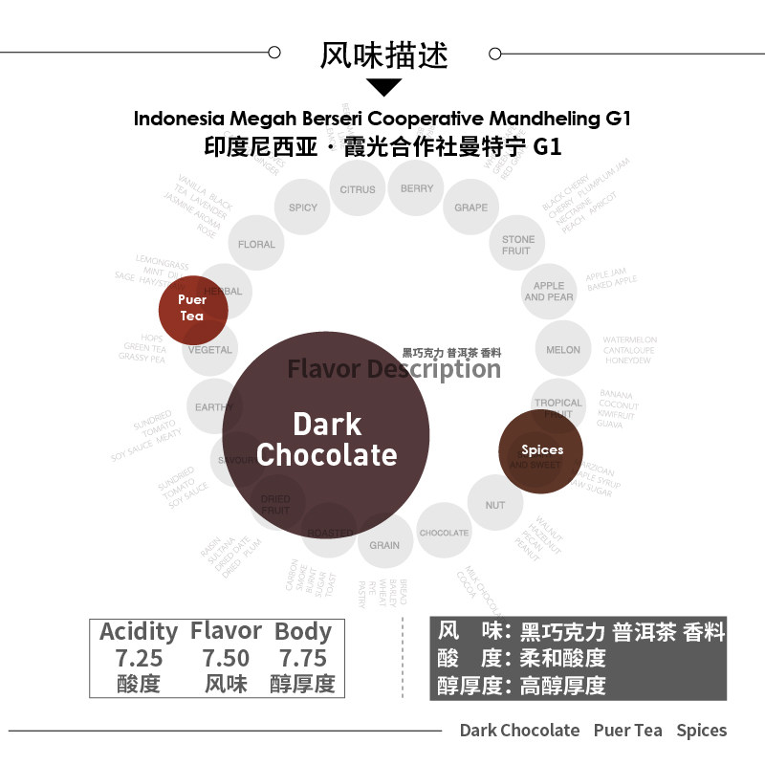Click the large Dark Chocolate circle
coord(326,436)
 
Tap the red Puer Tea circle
coord(192,308)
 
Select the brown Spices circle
coord(542,450)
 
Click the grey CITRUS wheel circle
coord(358,189)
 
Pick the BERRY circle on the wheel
coord(417,189)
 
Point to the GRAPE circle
coord(471,208)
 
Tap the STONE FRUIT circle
coord(517,246)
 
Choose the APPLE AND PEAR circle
coord(549,292)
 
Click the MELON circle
coord(563,350)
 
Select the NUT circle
coord(495,505)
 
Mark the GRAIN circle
coord(384,545)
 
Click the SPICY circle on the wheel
coord(303,208)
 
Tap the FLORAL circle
coord(256,245)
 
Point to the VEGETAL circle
coord(210,350)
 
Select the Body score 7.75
coord(302,659)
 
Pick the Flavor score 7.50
coord(226,659)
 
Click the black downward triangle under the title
coord(384,87)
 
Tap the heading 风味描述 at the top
coord(383,54)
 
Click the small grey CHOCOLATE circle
coord(444,533)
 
